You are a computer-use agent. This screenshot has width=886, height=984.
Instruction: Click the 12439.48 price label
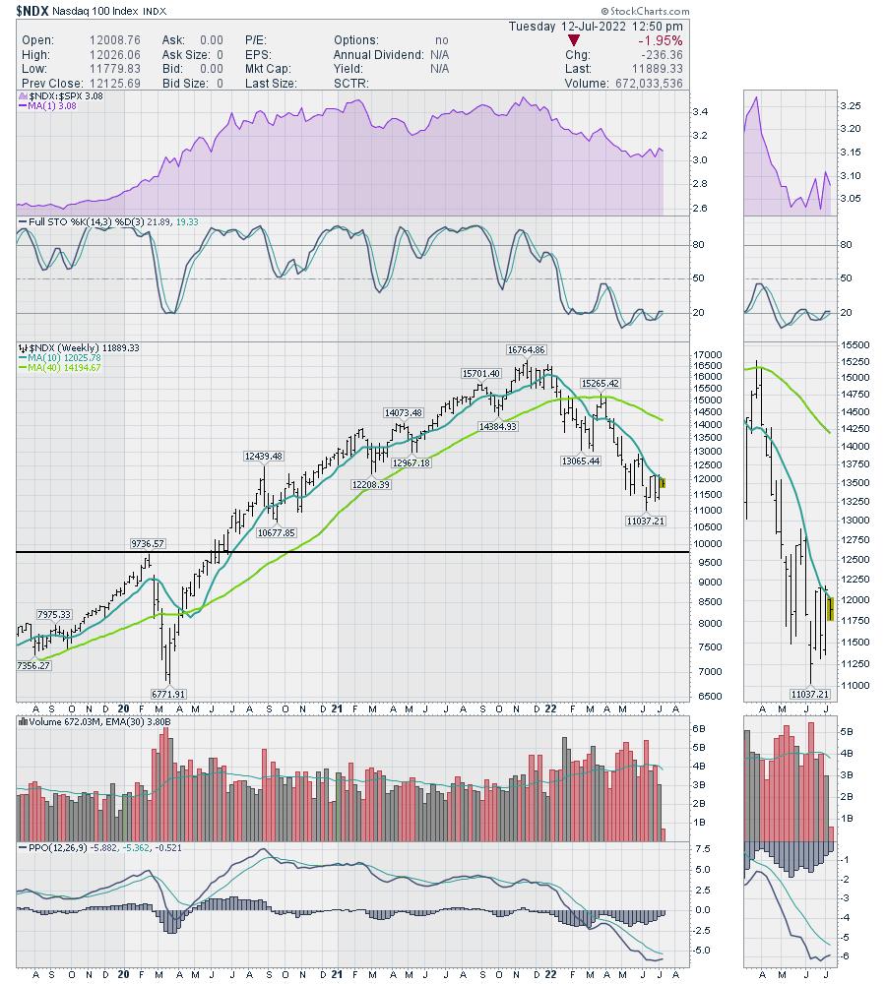pos(263,456)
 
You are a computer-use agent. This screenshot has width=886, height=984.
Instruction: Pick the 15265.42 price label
pos(599,383)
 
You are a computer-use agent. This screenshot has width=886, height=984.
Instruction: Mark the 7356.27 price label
pos(32,666)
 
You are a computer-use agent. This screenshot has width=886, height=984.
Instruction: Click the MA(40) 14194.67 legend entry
pos(62,367)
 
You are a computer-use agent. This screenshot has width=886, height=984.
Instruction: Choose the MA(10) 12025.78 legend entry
pos(62,357)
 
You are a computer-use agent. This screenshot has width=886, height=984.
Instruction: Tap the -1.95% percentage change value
pos(662,40)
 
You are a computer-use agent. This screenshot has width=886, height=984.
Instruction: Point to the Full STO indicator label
pos(40,222)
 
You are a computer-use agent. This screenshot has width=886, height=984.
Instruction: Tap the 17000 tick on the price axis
pos(681,355)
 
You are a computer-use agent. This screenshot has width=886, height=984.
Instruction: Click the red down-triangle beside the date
pos(559,40)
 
